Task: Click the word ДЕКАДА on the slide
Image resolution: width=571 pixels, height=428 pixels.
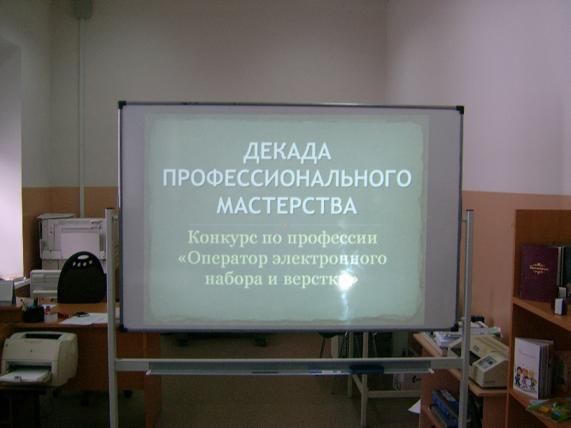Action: [x=288, y=152]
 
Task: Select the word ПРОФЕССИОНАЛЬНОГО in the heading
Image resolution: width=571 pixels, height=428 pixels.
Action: [x=288, y=178]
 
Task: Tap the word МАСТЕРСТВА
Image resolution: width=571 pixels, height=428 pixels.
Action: [x=287, y=205]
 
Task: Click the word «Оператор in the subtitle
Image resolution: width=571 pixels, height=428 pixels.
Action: [x=223, y=259]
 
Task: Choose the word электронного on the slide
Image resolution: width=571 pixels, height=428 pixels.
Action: [x=330, y=259]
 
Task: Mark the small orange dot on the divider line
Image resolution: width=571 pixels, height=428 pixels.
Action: [x=285, y=224]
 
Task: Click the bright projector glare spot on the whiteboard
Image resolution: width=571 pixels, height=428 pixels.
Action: [x=344, y=282]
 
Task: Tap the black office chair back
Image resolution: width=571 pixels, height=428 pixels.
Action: [x=82, y=278]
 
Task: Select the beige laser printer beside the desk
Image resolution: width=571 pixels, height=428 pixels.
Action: [x=39, y=358]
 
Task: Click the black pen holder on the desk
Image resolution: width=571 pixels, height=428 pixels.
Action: [x=33, y=314]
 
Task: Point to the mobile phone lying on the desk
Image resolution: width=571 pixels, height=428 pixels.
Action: [x=81, y=314]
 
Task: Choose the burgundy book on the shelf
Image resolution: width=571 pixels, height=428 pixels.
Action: [x=541, y=273]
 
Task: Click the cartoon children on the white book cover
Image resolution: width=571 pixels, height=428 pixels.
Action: [x=526, y=378]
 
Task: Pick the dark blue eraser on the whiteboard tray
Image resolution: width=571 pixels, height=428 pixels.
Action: [x=367, y=369]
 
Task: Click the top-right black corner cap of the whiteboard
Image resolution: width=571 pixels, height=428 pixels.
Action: [x=460, y=110]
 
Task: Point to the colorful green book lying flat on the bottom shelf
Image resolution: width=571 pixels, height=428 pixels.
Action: [x=549, y=408]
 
